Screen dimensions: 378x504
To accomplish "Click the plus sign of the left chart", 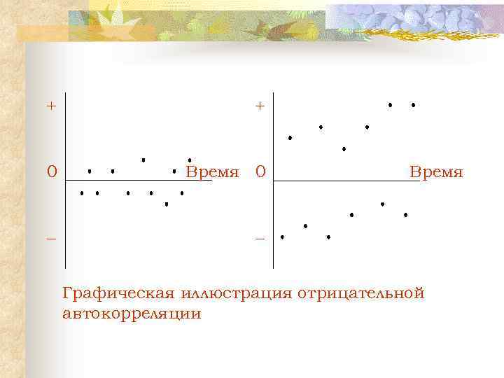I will [50, 106].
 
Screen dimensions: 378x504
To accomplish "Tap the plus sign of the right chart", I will [260, 106].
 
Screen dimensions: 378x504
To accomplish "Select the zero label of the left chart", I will [51, 171].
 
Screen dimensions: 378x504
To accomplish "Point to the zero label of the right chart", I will [260, 171].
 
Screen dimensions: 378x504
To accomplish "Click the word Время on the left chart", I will [213, 172].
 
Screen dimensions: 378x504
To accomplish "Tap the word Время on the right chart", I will [436, 172].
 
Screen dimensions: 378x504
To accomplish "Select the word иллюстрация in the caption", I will [237, 293].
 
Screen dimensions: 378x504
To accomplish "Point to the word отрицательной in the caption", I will [361, 293].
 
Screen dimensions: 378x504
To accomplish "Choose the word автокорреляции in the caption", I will [132, 314].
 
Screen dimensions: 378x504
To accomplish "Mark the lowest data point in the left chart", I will [167, 204].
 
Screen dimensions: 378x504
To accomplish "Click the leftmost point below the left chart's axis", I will [82, 192].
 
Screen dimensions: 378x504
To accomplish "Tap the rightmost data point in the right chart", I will [413, 105].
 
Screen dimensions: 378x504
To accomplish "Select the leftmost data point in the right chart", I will [282, 237].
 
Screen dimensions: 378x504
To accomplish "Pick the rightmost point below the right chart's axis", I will [405, 214].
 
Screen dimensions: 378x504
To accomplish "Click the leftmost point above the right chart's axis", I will [290, 138].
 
